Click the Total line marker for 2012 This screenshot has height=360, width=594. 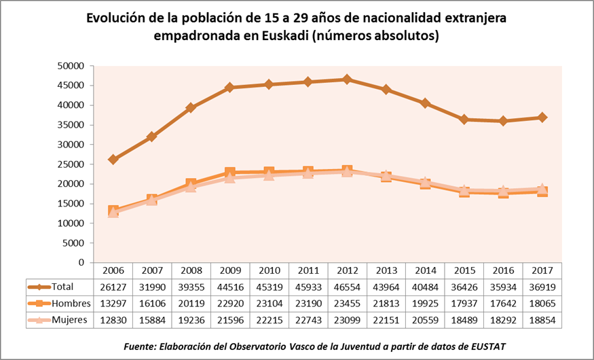348,79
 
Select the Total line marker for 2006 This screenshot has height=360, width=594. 113,160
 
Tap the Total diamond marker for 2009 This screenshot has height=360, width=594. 230,88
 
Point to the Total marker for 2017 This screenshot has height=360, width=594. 542,118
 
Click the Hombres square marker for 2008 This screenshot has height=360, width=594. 191,183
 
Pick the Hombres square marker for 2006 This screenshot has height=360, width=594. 113,211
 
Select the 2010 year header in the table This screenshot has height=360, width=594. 270,270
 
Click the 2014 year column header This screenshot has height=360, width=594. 426,270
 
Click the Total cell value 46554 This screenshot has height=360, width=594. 348,287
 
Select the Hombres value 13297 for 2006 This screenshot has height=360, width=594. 113,303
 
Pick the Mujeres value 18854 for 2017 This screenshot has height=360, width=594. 542,319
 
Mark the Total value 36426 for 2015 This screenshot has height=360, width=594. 464,287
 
